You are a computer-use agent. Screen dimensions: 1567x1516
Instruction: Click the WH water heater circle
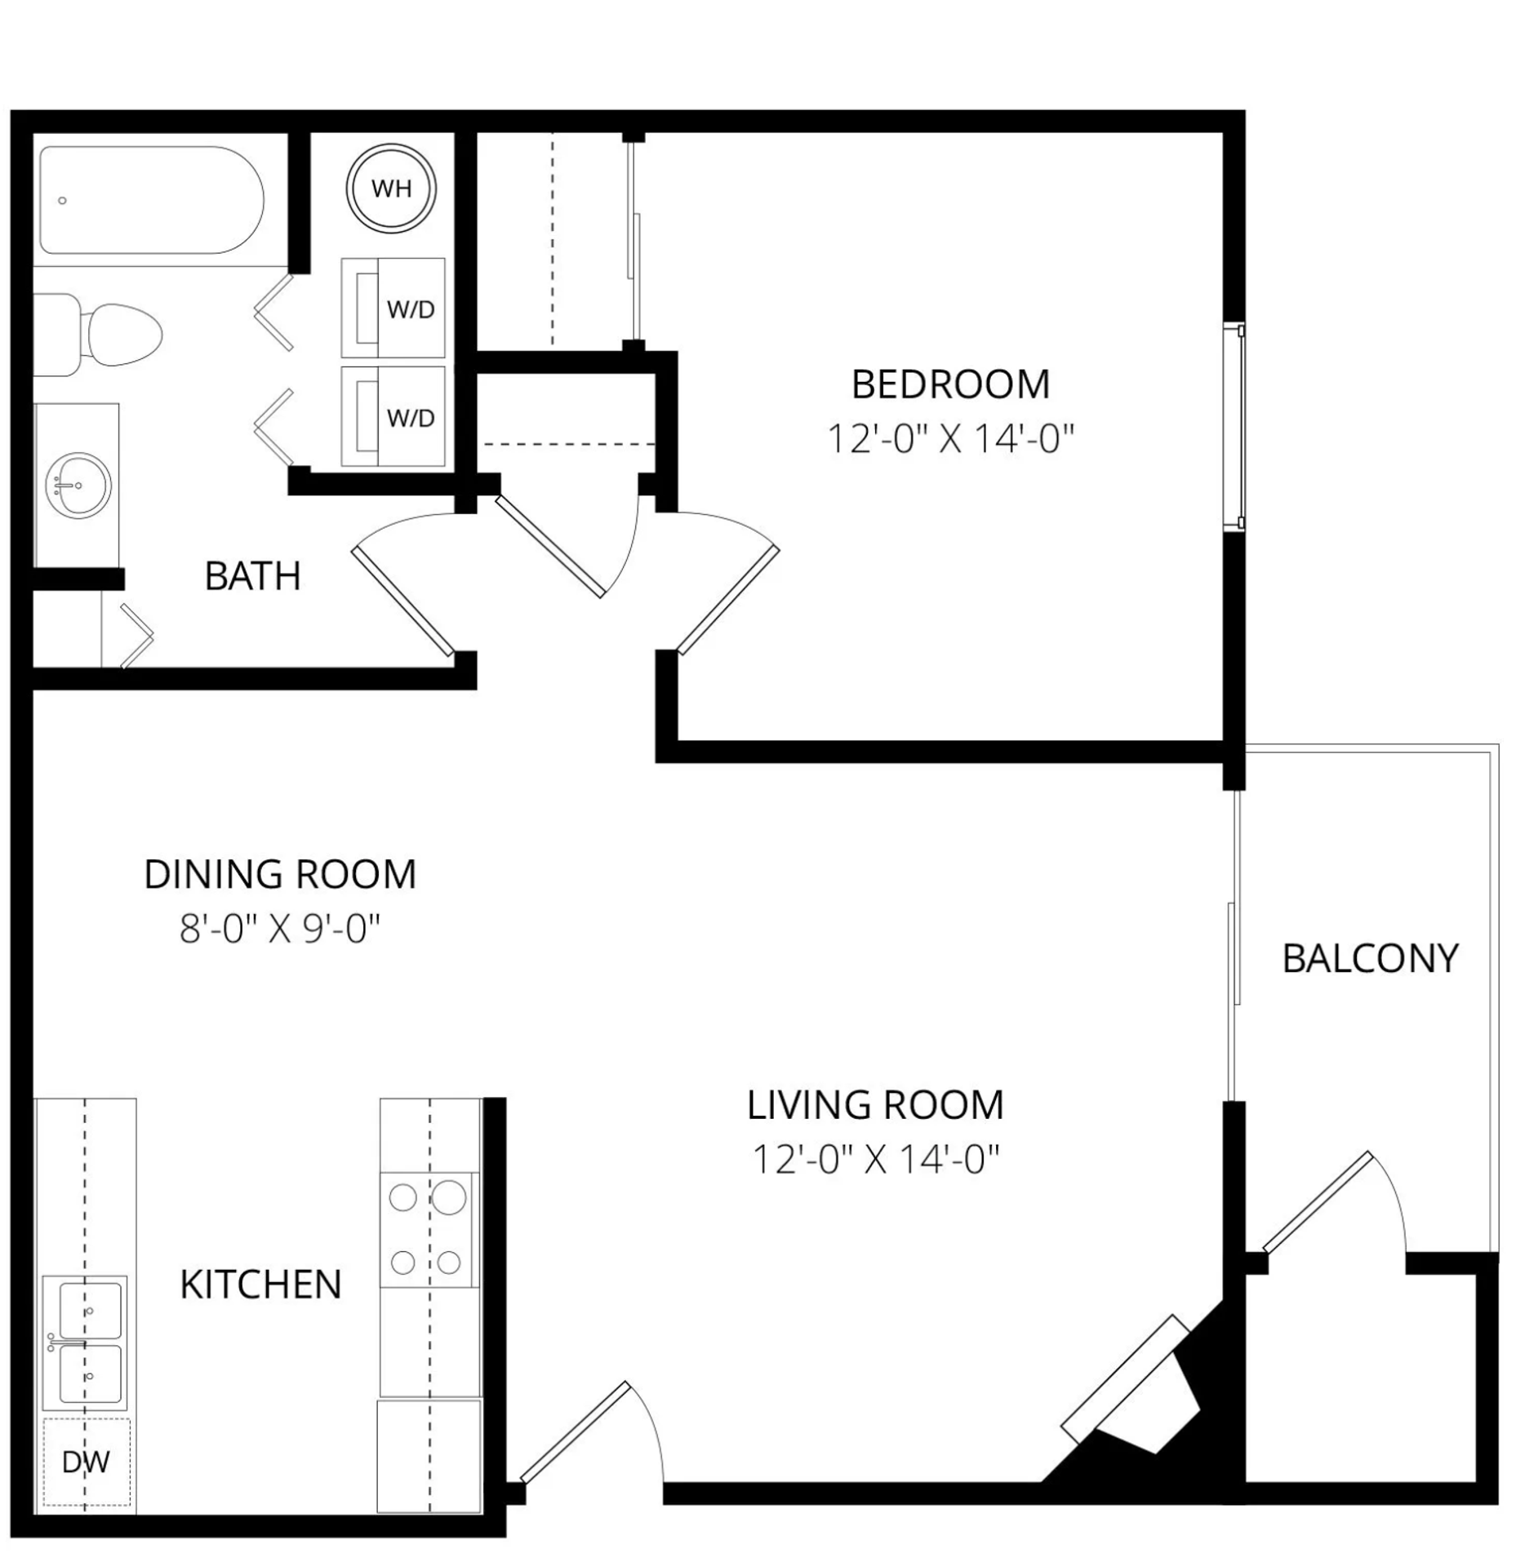tap(391, 189)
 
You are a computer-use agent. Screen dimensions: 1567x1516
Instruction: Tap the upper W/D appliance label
tap(410, 309)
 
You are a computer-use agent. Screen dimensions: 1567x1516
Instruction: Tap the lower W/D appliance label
tap(410, 418)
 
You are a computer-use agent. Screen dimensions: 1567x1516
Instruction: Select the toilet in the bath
tap(114, 335)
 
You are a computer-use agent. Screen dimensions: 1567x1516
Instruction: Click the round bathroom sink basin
tap(78, 485)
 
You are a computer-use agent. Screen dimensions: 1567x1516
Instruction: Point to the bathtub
tap(151, 200)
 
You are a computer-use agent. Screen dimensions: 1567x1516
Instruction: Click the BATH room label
tap(252, 576)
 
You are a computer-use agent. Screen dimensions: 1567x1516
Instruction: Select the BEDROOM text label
tap(950, 384)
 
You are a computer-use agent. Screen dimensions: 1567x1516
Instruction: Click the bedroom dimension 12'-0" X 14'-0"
tap(950, 439)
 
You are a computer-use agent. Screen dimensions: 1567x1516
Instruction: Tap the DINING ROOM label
tap(280, 874)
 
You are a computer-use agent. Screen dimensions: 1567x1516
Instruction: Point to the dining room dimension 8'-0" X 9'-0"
tap(280, 929)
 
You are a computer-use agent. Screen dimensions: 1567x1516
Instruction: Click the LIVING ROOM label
tap(875, 1104)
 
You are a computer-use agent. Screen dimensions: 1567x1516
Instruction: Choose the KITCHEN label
tap(260, 1285)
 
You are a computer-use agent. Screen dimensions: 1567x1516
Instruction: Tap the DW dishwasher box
tap(86, 1462)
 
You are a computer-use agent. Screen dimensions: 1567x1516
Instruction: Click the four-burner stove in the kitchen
tap(426, 1230)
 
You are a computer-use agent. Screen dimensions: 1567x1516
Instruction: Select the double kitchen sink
tap(85, 1343)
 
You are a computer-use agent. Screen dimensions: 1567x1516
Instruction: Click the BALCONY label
tap(1370, 958)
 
